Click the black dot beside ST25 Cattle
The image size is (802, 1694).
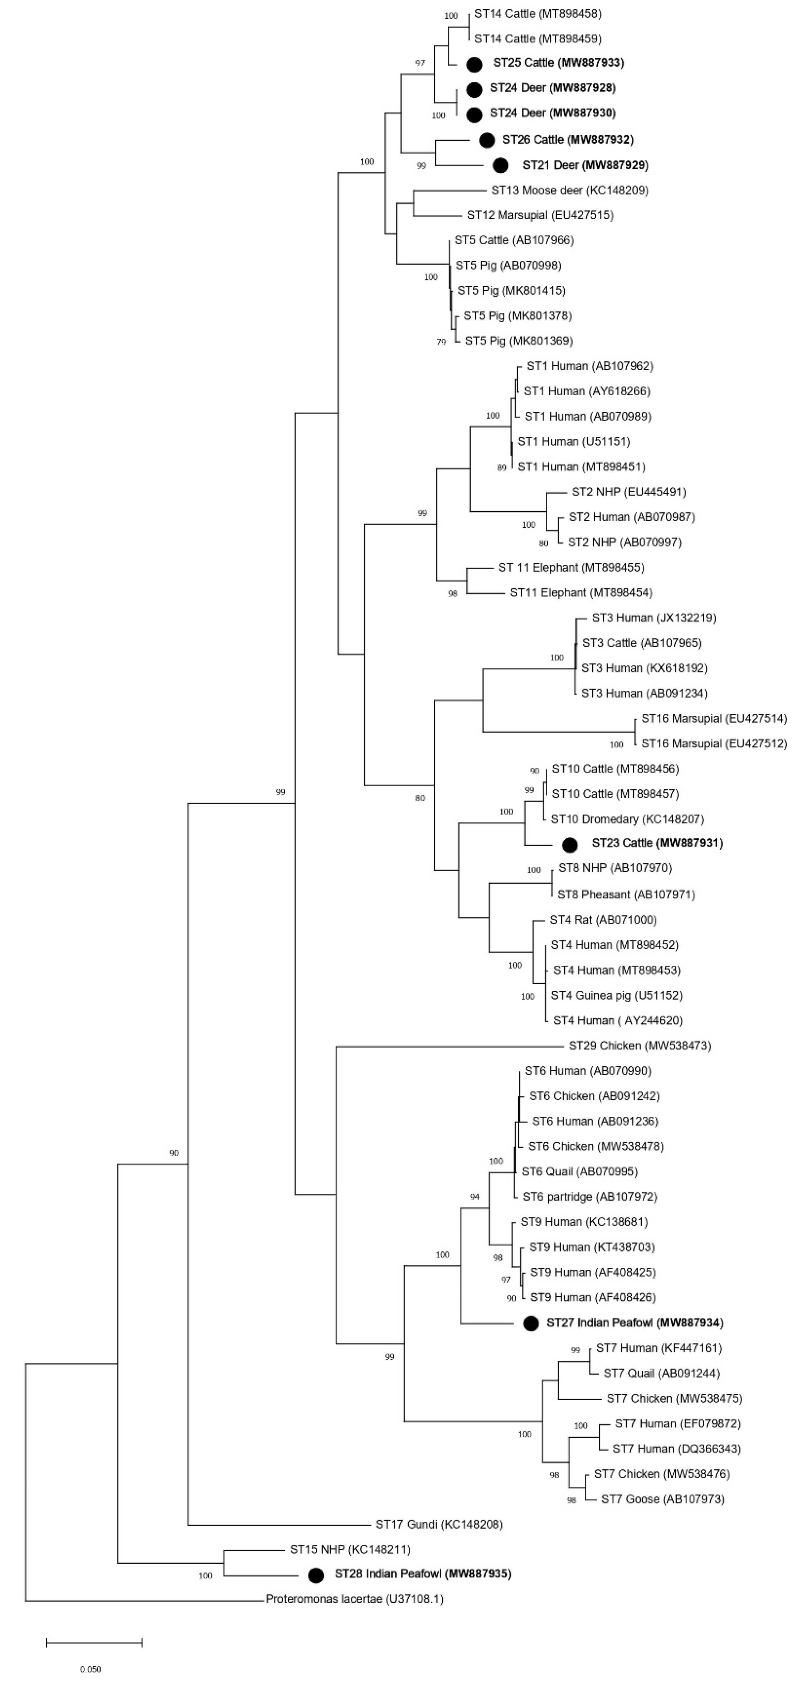474,64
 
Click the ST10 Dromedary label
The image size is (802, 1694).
627,819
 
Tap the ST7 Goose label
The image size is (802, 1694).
662,1499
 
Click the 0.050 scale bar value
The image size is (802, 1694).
91,1669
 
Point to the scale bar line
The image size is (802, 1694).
94,1643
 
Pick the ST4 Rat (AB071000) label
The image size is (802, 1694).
603,920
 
